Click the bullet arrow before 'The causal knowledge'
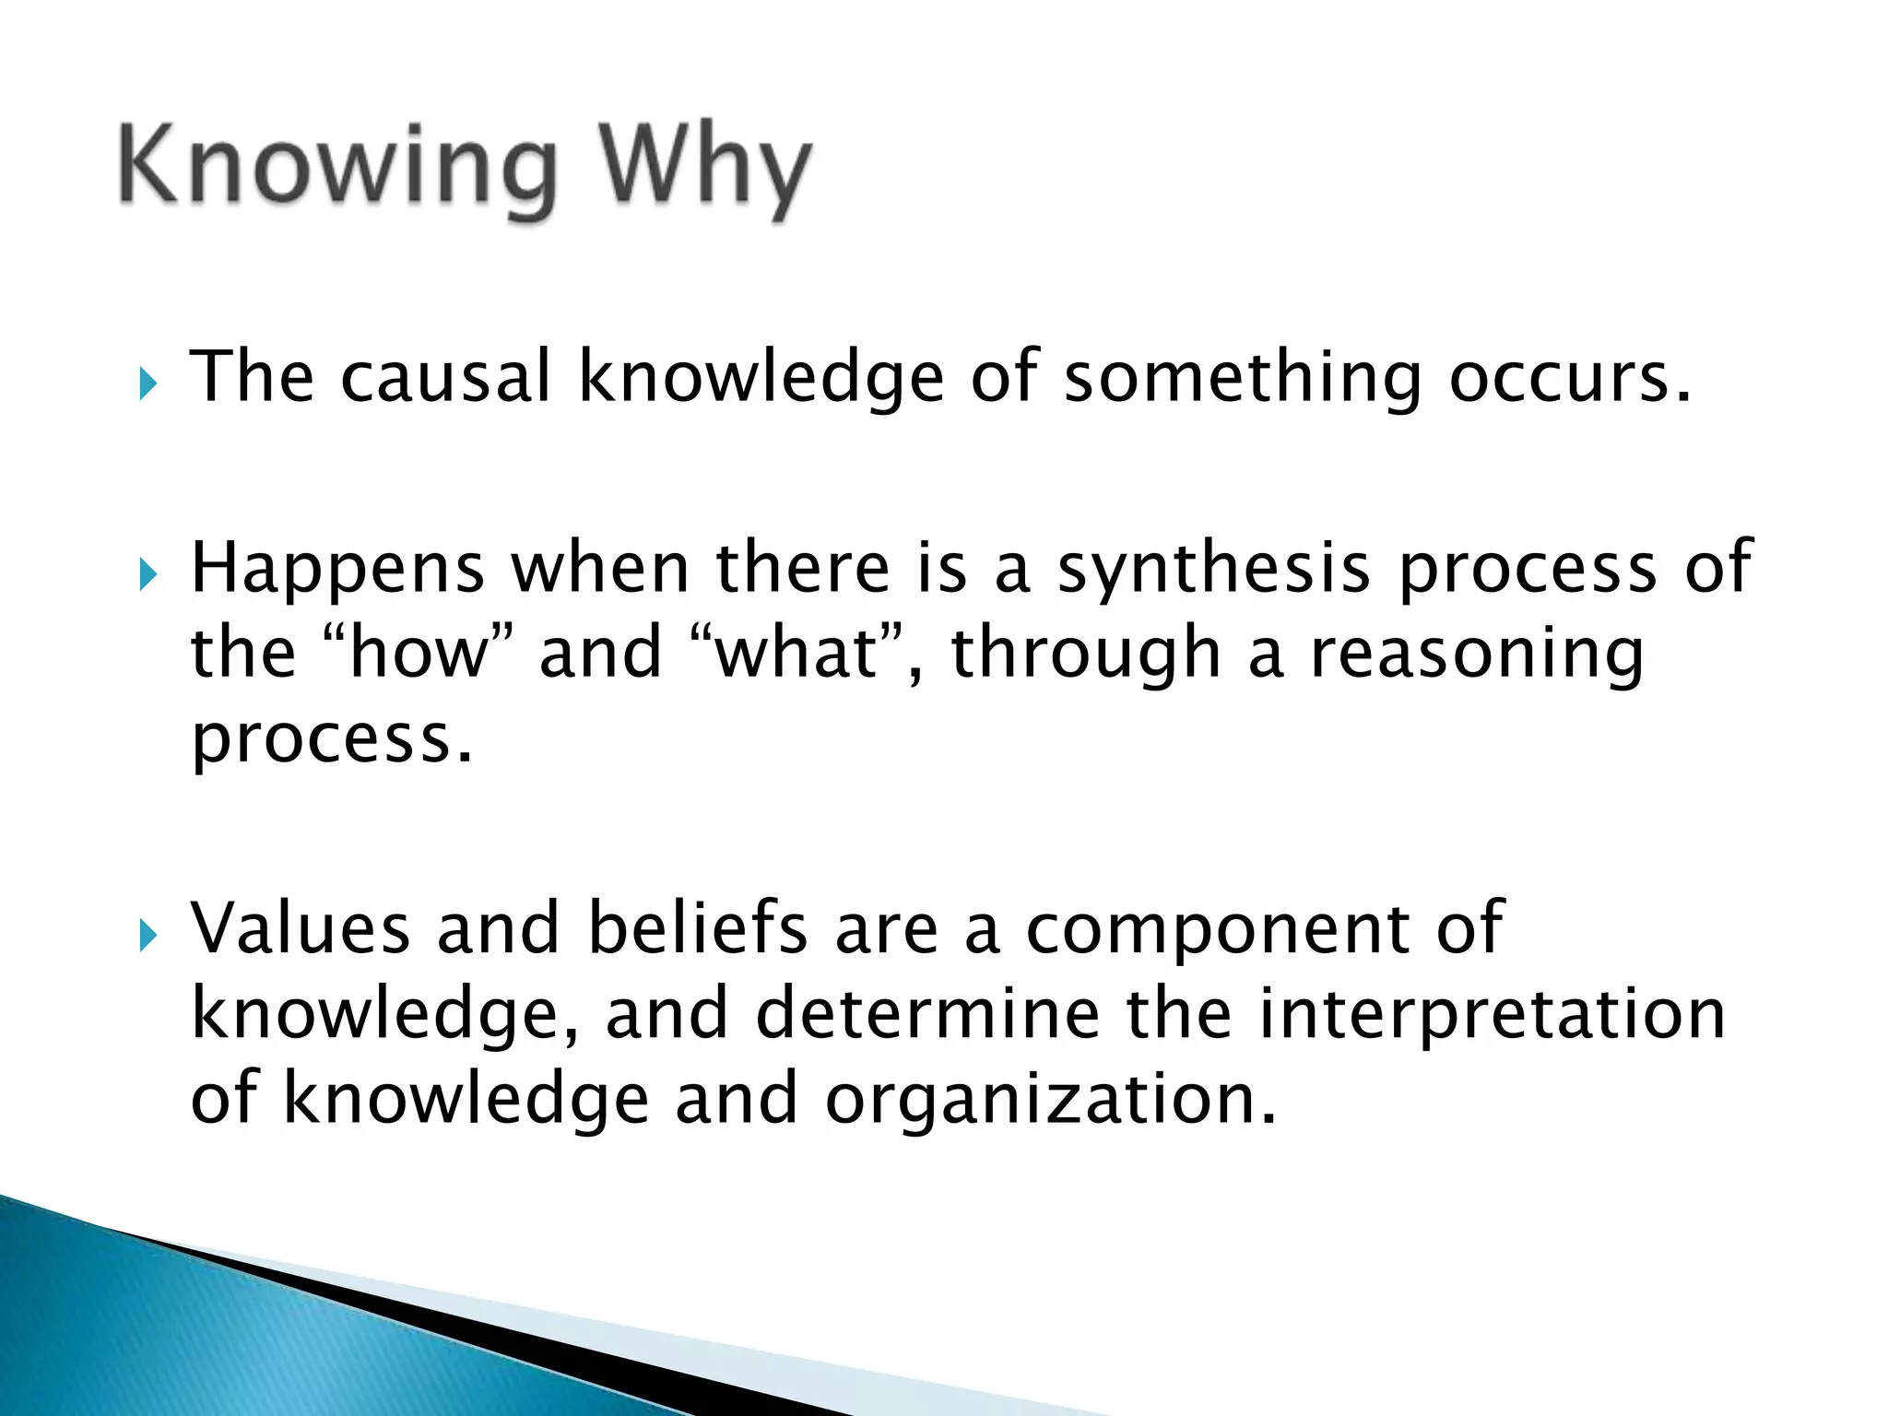(x=148, y=383)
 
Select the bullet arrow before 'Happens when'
(x=148, y=576)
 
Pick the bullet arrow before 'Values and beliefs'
(x=148, y=937)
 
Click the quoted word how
(x=419, y=653)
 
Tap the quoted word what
(x=796, y=653)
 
